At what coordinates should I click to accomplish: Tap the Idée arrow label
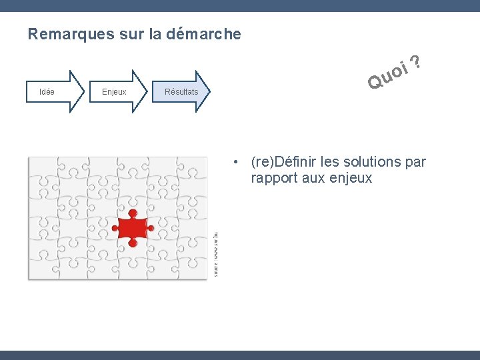coord(47,92)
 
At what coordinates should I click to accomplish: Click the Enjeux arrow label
coord(114,92)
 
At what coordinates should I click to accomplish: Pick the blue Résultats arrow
coord(181,92)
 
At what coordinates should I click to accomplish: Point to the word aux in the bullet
coord(311,179)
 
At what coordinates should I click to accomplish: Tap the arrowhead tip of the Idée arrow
coord(84,92)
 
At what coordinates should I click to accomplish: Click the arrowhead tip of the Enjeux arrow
coord(151,92)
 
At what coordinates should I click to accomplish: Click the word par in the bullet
coord(415,162)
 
